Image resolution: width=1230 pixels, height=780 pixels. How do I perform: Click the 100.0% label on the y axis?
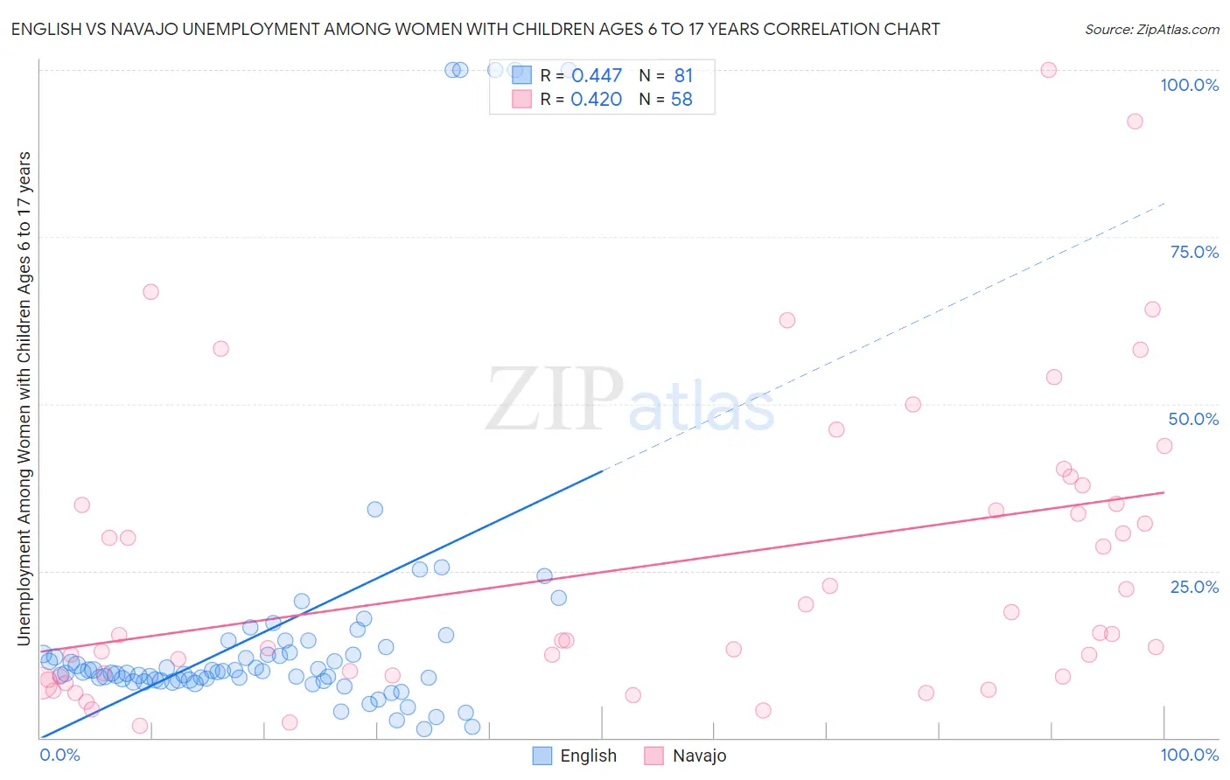(x=1189, y=85)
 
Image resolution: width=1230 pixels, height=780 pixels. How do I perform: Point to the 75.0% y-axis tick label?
(x=1194, y=252)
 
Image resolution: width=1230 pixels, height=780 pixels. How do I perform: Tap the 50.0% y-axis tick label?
(x=1193, y=419)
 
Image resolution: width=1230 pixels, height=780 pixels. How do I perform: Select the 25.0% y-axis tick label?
(x=1194, y=586)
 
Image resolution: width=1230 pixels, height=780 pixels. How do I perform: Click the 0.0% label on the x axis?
(x=59, y=755)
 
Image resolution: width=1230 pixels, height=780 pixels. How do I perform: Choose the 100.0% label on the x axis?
(x=1189, y=755)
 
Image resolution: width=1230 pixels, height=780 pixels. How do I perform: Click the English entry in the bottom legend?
(x=588, y=756)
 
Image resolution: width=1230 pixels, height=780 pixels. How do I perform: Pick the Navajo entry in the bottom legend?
(x=699, y=756)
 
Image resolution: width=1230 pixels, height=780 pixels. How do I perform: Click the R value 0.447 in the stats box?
(x=596, y=76)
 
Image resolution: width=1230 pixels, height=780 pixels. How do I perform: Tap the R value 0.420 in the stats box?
(x=596, y=100)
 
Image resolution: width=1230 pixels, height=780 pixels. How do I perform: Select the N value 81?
(x=683, y=76)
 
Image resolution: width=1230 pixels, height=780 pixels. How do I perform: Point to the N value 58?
(x=681, y=100)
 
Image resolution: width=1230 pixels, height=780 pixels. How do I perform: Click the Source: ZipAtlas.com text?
(x=1151, y=29)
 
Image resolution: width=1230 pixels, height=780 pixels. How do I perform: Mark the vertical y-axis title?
(x=24, y=399)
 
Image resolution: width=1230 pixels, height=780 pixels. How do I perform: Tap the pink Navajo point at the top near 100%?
(x=1048, y=70)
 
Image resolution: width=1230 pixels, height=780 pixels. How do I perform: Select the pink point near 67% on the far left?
(x=150, y=292)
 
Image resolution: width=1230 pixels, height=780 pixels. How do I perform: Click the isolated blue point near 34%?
(x=374, y=509)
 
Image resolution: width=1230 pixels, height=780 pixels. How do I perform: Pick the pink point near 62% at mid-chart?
(x=786, y=320)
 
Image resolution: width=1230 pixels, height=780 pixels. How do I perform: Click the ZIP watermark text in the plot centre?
(x=555, y=399)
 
